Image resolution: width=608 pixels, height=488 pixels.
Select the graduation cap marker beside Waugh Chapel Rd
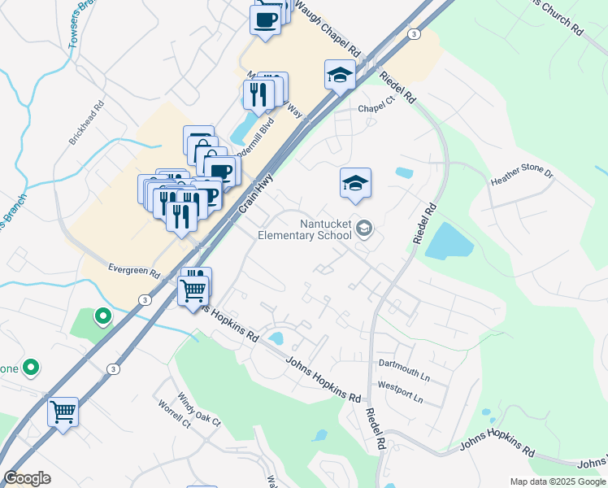[x=340, y=76]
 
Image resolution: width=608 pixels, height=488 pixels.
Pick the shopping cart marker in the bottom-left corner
[x=63, y=412]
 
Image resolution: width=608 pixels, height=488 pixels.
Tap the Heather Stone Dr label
[x=521, y=175]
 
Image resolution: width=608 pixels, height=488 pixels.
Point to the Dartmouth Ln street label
[x=402, y=369]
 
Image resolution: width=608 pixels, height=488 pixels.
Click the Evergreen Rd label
[x=133, y=270]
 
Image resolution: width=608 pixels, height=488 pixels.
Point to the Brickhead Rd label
[x=88, y=122]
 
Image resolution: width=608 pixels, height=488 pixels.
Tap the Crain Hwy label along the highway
[x=255, y=194]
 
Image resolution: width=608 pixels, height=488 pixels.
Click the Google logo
[x=27, y=478]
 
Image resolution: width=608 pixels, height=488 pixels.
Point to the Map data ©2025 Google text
[x=557, y=481]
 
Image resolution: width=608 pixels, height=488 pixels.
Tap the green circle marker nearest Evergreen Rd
[x=103, y=316]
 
